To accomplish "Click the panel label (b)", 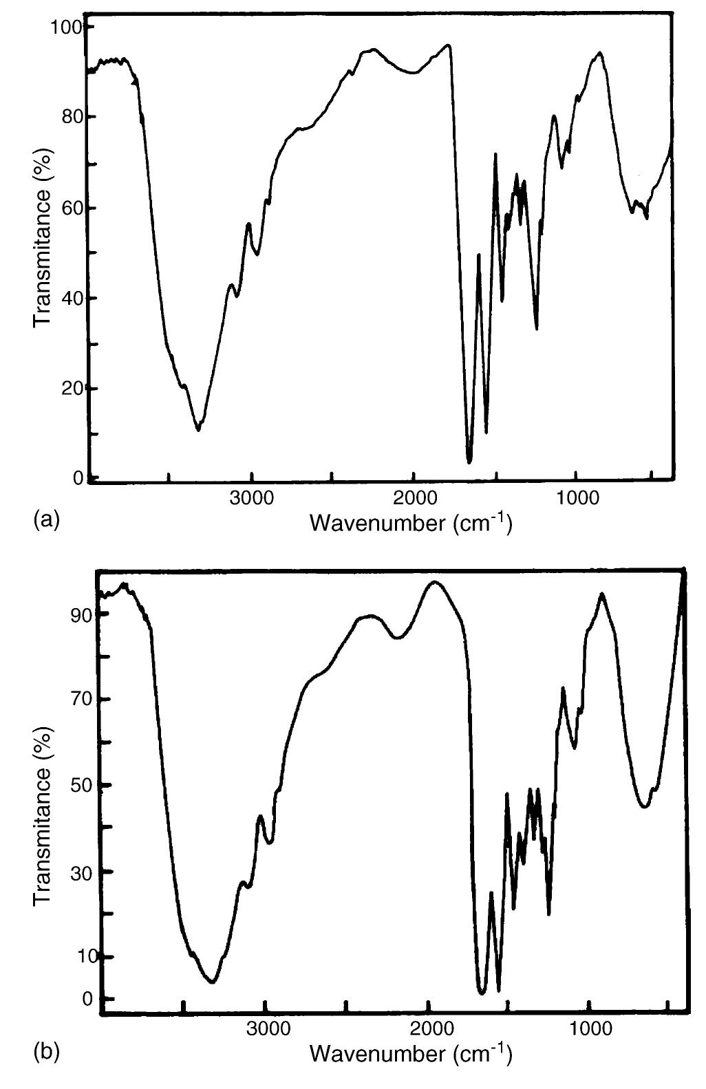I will [46, 1051].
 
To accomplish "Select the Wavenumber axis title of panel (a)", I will [410, 524].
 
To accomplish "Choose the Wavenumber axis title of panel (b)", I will [410, 1053].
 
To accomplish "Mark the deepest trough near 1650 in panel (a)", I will [469, 462].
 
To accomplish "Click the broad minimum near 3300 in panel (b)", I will [213, 982].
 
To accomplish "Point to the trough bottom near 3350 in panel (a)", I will [198, 430].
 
